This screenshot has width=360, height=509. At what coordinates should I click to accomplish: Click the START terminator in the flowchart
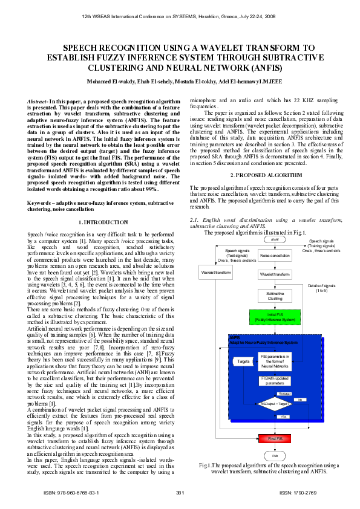(x=275, y=239)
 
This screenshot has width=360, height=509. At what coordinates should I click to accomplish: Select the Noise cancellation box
(x=275, y=256)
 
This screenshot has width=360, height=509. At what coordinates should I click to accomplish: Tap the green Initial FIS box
(x=275, y=316)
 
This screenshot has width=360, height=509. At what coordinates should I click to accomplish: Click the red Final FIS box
(x=275, y=438)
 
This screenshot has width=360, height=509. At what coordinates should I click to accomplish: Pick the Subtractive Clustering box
(x=275, y=296)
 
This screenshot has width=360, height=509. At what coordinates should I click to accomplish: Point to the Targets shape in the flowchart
(x=243, y=361)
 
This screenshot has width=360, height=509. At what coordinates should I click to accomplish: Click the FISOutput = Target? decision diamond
(x=275, y=403)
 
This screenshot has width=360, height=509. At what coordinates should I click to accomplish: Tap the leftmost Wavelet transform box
(x=215, y=273)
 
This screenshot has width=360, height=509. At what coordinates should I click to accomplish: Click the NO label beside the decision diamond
(x=300, y=400)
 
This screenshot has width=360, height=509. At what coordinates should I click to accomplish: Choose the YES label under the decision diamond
(x=283, y=417)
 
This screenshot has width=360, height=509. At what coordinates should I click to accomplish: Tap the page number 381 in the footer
(x=180, y=493)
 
